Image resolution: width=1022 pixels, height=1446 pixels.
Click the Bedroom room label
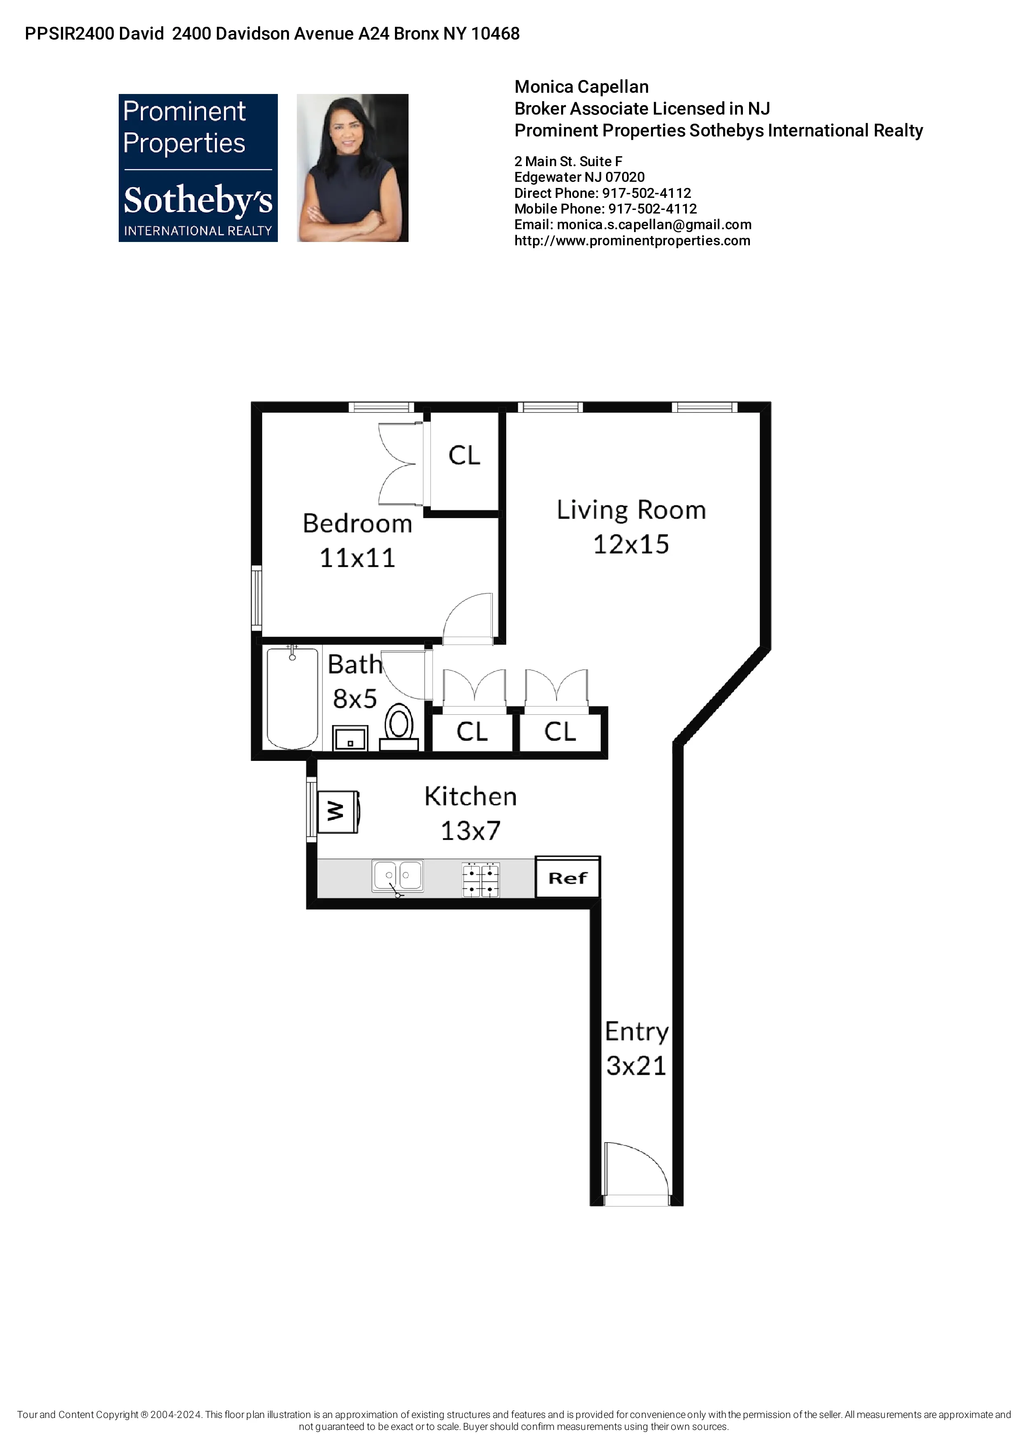pyautogui.click(x=357, y=523)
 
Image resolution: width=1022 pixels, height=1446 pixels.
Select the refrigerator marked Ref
pyautogui.click(x=567, y=877)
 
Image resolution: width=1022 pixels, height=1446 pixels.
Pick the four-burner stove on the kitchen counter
pyautogui.click(x=481, y=880)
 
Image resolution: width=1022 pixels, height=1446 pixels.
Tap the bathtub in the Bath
pyautogui.click(x=292, y=698)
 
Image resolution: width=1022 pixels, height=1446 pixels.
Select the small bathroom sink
pyautogui.click(x=350, y=739)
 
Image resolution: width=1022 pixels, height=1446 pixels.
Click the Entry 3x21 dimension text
pyautogui.click(x=636, y=1066)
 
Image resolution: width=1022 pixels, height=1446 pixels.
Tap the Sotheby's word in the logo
pyautogui.click(x=198, y=200)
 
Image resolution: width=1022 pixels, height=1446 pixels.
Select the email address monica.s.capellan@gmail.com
pyautogui.click(x=653, y=225)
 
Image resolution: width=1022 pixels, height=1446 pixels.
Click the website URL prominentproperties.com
pyautogui.click(x=632, y=241)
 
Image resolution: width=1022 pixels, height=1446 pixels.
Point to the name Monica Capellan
pyautogui.click(x=581, y=87)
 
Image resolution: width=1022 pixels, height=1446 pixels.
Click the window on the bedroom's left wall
pyautogui.click(x=256, y=597)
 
